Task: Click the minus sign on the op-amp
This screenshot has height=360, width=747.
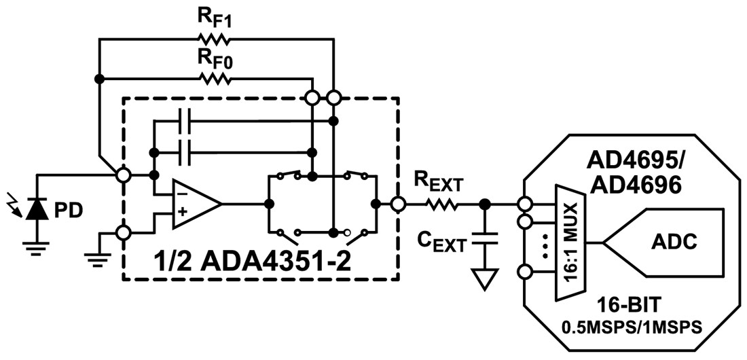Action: click(x=180, y=194)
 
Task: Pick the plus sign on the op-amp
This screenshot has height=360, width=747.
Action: click(x=180, y=213)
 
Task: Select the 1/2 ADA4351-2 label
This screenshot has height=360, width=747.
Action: click(x=261, y=260)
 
